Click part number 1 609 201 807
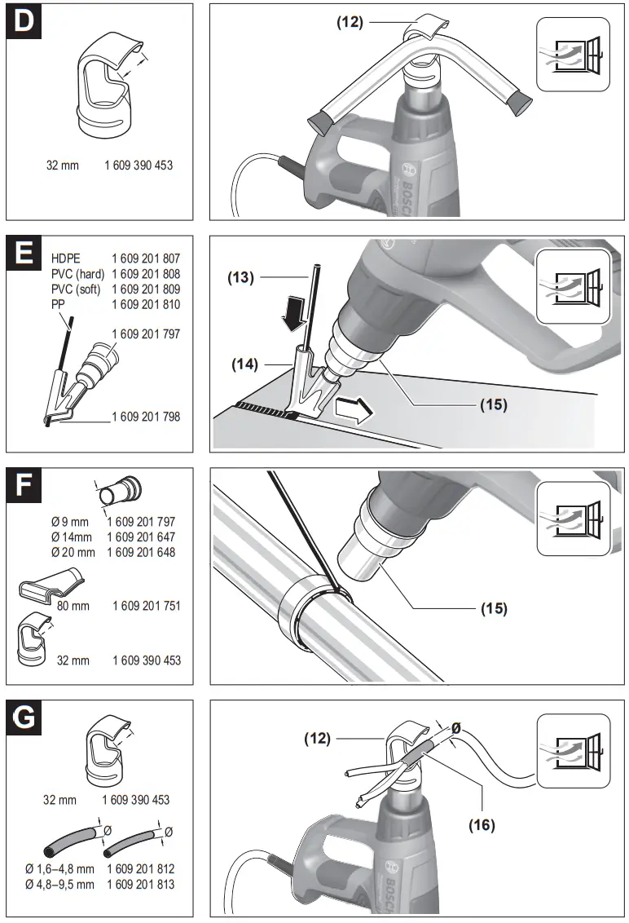146,258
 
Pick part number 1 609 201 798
146,417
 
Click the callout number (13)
241,277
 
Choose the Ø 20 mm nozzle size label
73,552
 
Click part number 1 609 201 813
140,884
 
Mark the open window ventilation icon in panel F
573,519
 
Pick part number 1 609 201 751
146,606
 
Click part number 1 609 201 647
141,537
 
